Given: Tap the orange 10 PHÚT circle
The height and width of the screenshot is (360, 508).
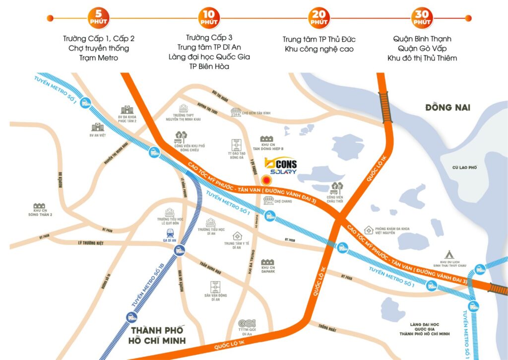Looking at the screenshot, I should [x=209, y=18].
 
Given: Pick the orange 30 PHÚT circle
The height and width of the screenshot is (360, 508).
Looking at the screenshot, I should [x=421, y=18].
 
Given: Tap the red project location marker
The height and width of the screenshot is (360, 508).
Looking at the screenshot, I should [x=266, y=181].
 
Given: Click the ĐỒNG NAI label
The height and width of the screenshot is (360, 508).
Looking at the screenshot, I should [x=447, y=107].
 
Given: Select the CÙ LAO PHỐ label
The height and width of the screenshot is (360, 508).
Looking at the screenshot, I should [x=465, y=168].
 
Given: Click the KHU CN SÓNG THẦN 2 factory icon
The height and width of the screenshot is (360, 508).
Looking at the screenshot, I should [x=39, y=206].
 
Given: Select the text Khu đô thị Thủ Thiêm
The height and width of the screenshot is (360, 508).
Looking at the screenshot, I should [x=422, y=58].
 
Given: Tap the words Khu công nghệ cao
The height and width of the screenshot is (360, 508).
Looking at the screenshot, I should [x=319, y=49].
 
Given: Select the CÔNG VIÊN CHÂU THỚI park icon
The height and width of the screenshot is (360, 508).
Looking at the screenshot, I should [x=336, y=187].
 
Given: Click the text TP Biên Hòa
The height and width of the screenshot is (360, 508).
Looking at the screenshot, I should [x=209, y=67].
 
